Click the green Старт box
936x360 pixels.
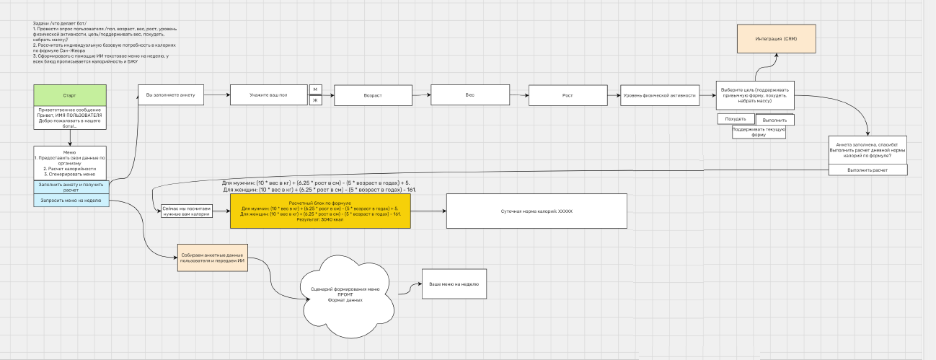(70, 95)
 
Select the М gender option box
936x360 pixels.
(315, 89)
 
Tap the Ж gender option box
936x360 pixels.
(315, 100)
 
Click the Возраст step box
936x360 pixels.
(372, 95)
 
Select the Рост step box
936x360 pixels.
(568, 95)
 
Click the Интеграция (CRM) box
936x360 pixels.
(775, 38)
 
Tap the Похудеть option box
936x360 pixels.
(735, 118)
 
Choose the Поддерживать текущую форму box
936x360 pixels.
(759, 132)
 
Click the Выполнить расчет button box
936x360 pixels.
(867, 170)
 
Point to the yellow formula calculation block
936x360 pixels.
(320, 211)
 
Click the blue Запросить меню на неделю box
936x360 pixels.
(71, 200)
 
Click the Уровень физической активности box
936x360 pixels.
(659, 95)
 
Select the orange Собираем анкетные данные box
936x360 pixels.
(212, 258)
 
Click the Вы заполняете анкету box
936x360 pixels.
(171, 95)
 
